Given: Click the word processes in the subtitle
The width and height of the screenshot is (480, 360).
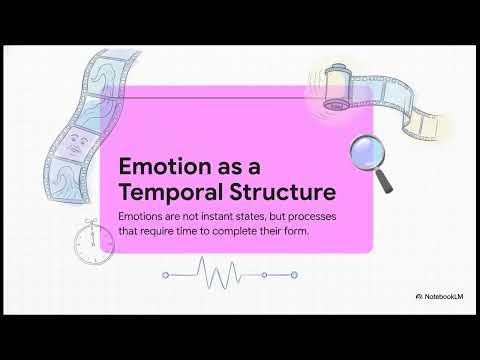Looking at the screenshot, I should [307, 217].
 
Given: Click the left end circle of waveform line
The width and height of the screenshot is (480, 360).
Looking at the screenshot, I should [165, 272].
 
